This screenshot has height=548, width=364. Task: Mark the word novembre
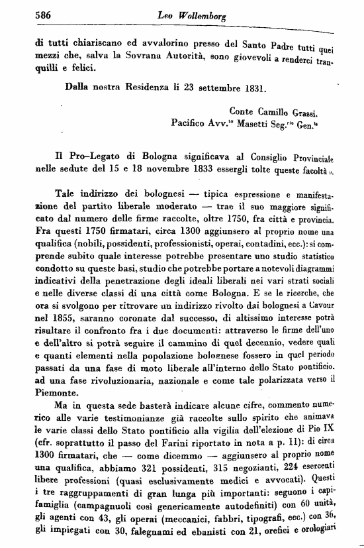click(x=171, y=168)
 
